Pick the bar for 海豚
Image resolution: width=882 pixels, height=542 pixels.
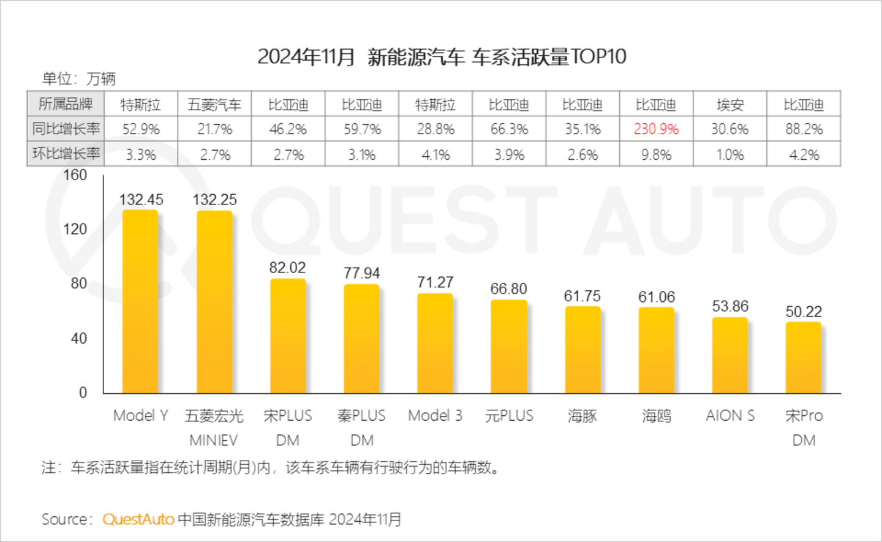point(582,350)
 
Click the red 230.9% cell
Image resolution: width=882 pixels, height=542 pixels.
point(656,129)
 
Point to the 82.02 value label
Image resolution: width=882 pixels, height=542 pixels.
point(287,268)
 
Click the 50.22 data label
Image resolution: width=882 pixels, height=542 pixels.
point(804,312)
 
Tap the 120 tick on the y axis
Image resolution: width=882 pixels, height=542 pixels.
point(75,229)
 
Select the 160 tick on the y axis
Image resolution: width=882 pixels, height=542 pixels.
point(75,175)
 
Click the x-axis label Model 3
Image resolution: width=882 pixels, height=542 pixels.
point(435,416)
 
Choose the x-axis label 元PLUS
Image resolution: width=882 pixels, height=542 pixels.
point(509,416)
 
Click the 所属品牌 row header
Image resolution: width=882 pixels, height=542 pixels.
point(66,104)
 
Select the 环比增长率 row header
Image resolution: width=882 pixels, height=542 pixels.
point(66,154)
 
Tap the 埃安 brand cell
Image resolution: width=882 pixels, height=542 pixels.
point(729,105)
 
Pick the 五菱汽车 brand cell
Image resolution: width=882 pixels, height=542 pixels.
point(214,105)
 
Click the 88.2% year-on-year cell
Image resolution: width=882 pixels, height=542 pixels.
point(804,129)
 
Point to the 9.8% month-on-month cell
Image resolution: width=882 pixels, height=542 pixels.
point(656,155)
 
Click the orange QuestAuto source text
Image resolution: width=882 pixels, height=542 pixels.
point(138,519)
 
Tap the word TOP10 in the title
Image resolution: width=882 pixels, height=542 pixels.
point(598,57)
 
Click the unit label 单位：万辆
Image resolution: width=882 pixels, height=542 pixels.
point(78,79)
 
